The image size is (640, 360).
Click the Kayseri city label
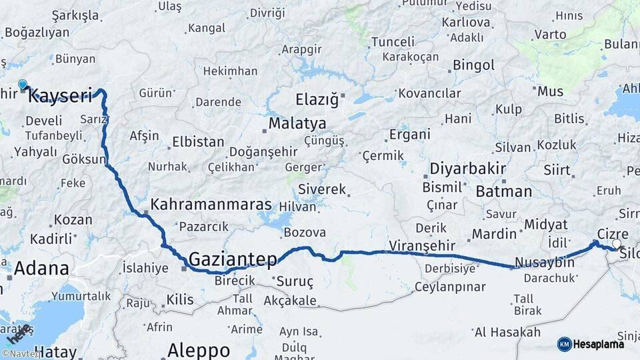(60, 96)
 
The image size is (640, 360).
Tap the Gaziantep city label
(232, 259)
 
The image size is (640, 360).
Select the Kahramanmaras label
(211, 205)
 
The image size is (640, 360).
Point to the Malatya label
(297, 124)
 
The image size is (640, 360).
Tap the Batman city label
(504, 191)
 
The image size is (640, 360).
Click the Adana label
(41, 268)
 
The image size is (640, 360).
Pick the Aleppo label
(199, 349)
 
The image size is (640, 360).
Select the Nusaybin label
(545, 263)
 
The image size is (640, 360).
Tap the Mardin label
(495, 234)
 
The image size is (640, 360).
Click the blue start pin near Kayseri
(23, 85)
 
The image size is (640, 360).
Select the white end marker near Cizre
(617, 244)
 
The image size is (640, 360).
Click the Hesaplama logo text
(599, 344)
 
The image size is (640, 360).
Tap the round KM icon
(565, 344)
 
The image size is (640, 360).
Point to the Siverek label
(323, 189)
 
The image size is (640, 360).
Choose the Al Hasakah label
(507, 332)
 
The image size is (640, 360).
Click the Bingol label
(473, 65)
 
